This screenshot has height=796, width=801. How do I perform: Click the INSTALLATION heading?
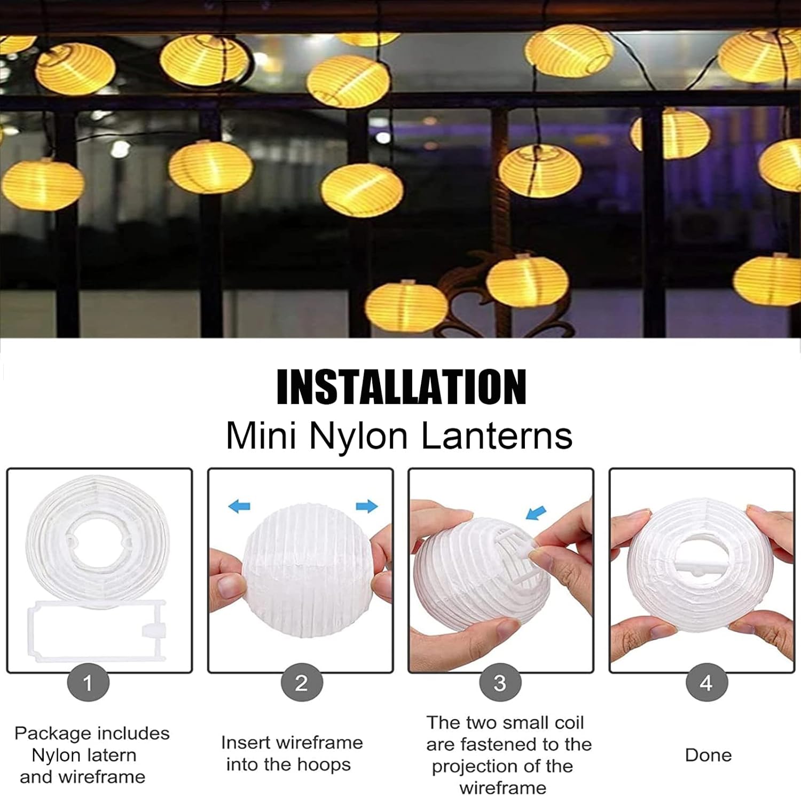click(401, 387)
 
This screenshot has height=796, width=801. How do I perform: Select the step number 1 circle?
click(88, 682)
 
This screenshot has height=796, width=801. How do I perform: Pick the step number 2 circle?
click(301, 682)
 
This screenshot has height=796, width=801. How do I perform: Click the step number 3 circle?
click(500, 682)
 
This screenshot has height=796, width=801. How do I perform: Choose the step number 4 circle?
click(706, 682)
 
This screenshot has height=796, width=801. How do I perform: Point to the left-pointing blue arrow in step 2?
click(239, 506)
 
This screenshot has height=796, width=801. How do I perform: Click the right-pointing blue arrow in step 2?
click(367, 506)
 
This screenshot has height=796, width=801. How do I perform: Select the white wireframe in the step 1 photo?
click(96, 631)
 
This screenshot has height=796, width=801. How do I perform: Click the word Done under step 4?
click(708, 755)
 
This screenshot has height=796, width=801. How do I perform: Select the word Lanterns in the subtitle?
click(497, 436)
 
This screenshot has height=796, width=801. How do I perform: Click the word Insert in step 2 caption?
click(245, 743)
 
